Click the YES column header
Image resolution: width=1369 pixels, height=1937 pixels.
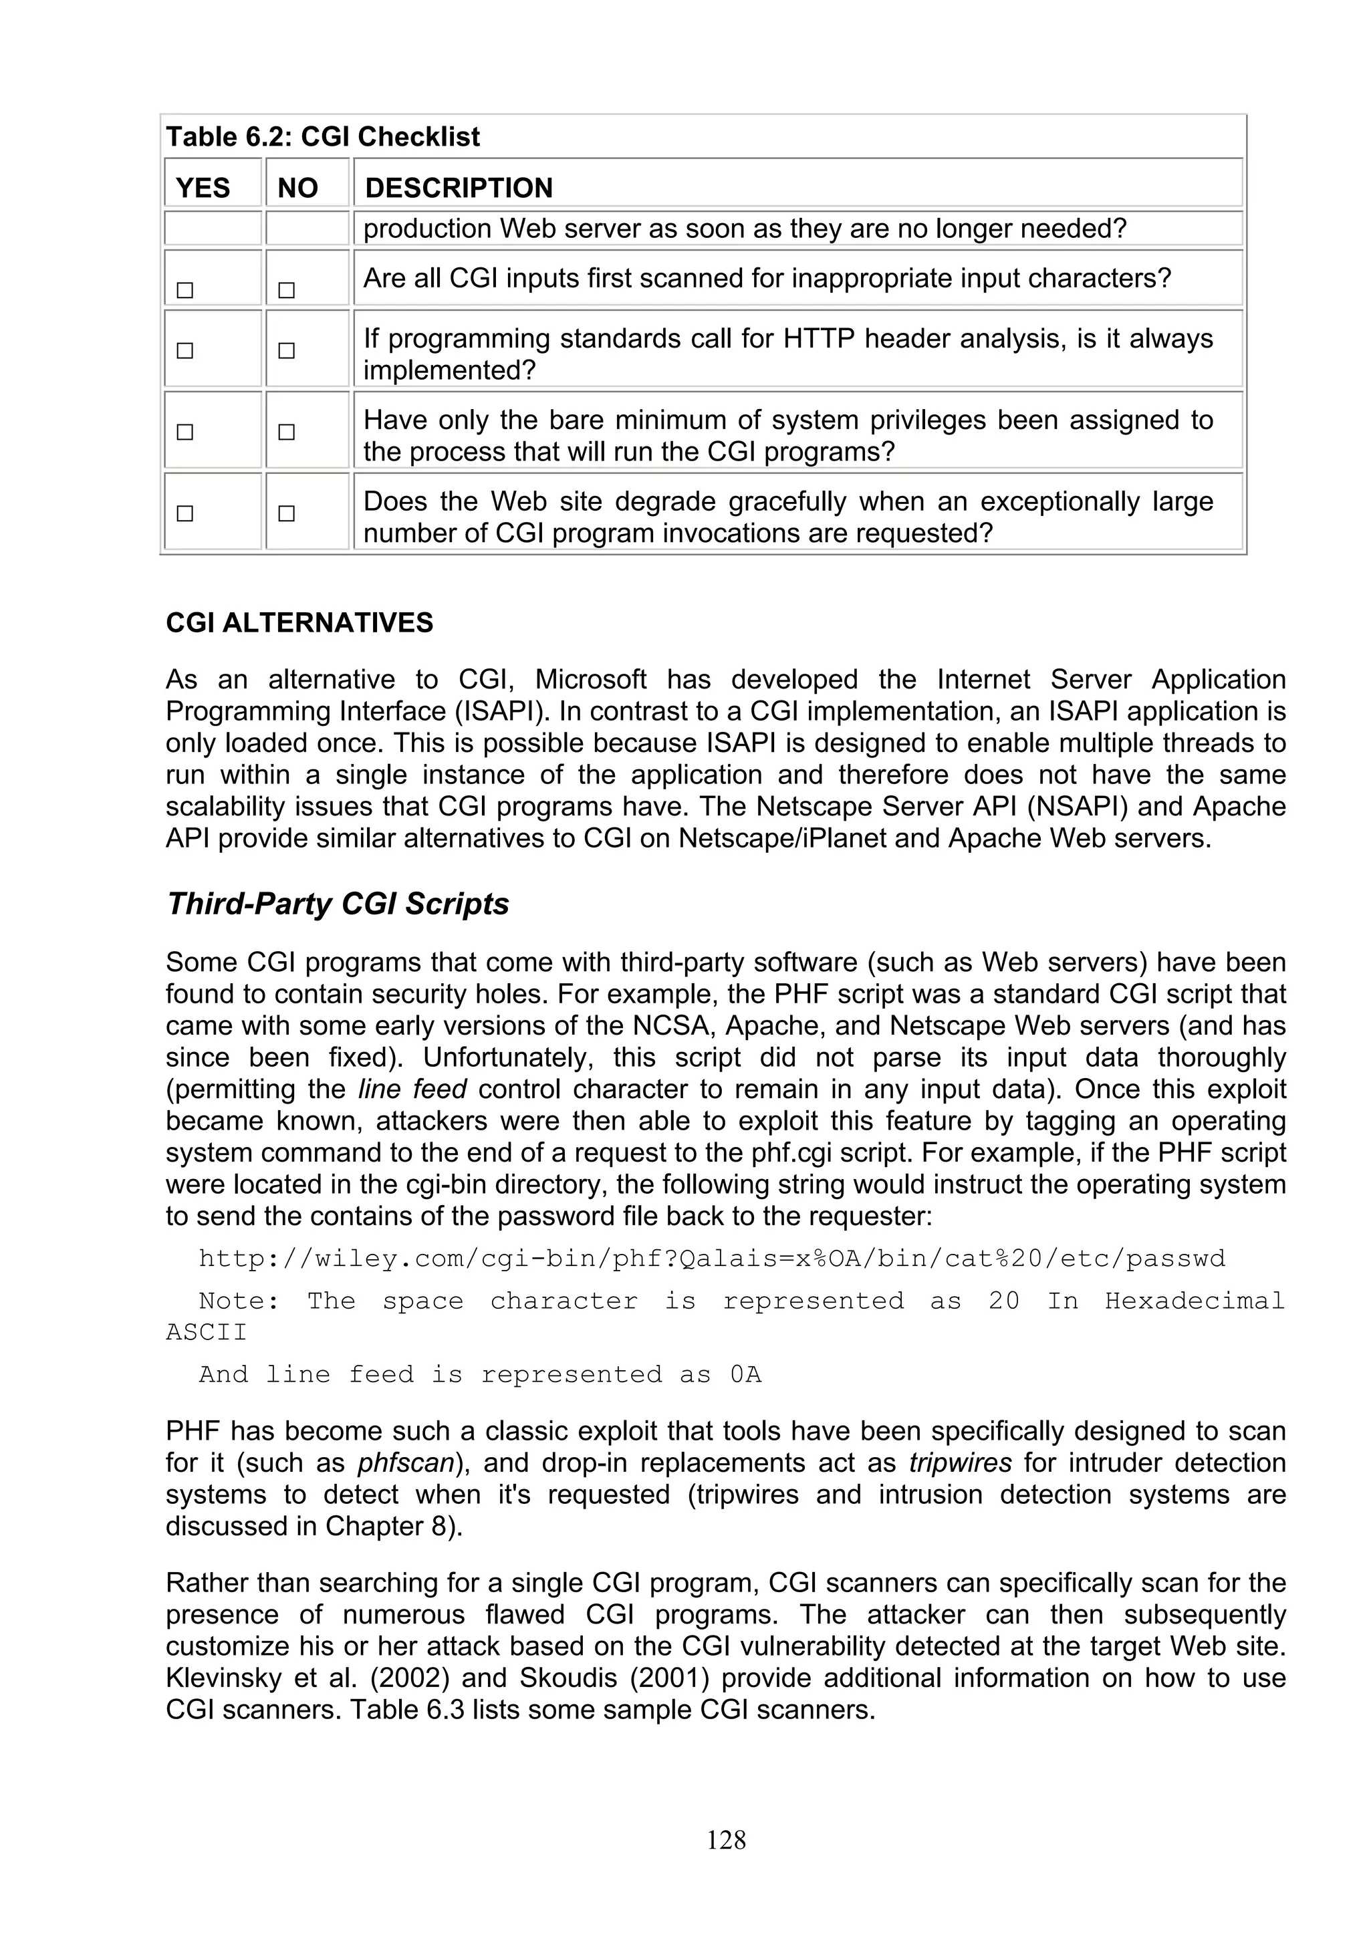(x=203, y=187)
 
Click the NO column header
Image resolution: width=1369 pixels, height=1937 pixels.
(x=297, y=187)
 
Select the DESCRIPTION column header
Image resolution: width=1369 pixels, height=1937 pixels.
(x=459, y=187)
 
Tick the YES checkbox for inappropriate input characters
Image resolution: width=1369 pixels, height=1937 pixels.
(x=184, y=290)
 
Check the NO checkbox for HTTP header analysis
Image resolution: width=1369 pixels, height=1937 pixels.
(x=287, y=350)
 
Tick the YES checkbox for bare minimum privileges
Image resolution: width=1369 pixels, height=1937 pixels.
(x=184, y=432)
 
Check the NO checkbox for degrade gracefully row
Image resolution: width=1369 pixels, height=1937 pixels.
(x=287, y=513)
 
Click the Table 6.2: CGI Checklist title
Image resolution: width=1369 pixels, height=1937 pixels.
(x=323, y=136)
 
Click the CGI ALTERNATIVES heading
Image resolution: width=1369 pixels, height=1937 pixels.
(x=299, y=623)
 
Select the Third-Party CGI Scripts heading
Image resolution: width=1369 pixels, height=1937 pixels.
(x=338, y=904)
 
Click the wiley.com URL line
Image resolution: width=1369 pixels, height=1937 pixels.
(x=711, y=1259)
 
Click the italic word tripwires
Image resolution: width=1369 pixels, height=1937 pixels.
(x=961, y=1463)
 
